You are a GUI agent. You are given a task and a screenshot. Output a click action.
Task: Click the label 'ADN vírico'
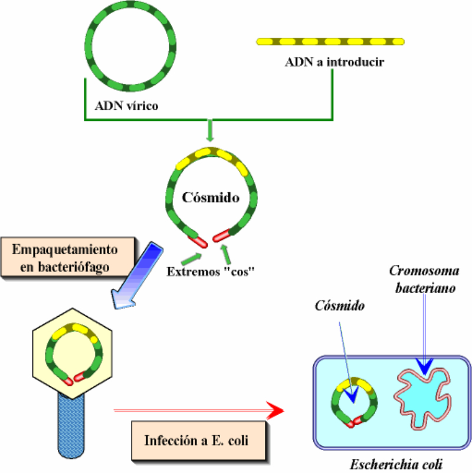tap(126, 107)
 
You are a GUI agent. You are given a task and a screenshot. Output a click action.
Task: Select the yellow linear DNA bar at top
tap(330, 41)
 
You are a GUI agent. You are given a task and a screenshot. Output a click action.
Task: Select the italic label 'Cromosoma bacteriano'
tap(423, 280)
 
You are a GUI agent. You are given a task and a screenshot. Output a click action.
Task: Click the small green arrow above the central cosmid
tap(210, 130)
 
